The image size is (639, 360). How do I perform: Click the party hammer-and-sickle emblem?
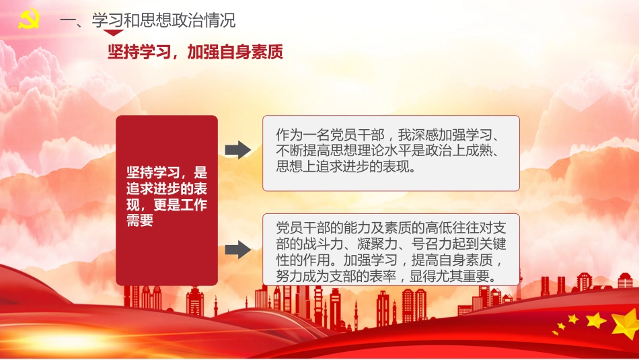pos(28,20)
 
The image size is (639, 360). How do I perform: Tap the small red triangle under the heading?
pos(114,32)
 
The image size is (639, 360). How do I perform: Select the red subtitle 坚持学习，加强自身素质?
pos(195,52)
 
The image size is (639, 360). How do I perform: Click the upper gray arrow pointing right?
pos(237,149)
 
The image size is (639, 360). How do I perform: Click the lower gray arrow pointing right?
pos(237,250)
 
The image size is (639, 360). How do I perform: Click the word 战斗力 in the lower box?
pos(318,242)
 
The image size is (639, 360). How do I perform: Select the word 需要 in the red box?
pos(141,221)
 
